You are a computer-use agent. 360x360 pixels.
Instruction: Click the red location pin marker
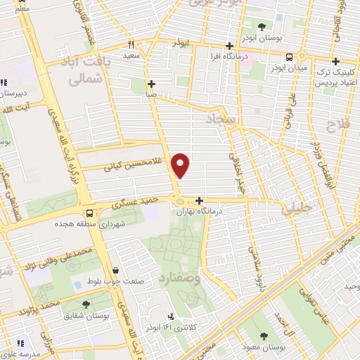[181, 165]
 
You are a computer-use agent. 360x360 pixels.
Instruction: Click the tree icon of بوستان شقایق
[86, 304]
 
